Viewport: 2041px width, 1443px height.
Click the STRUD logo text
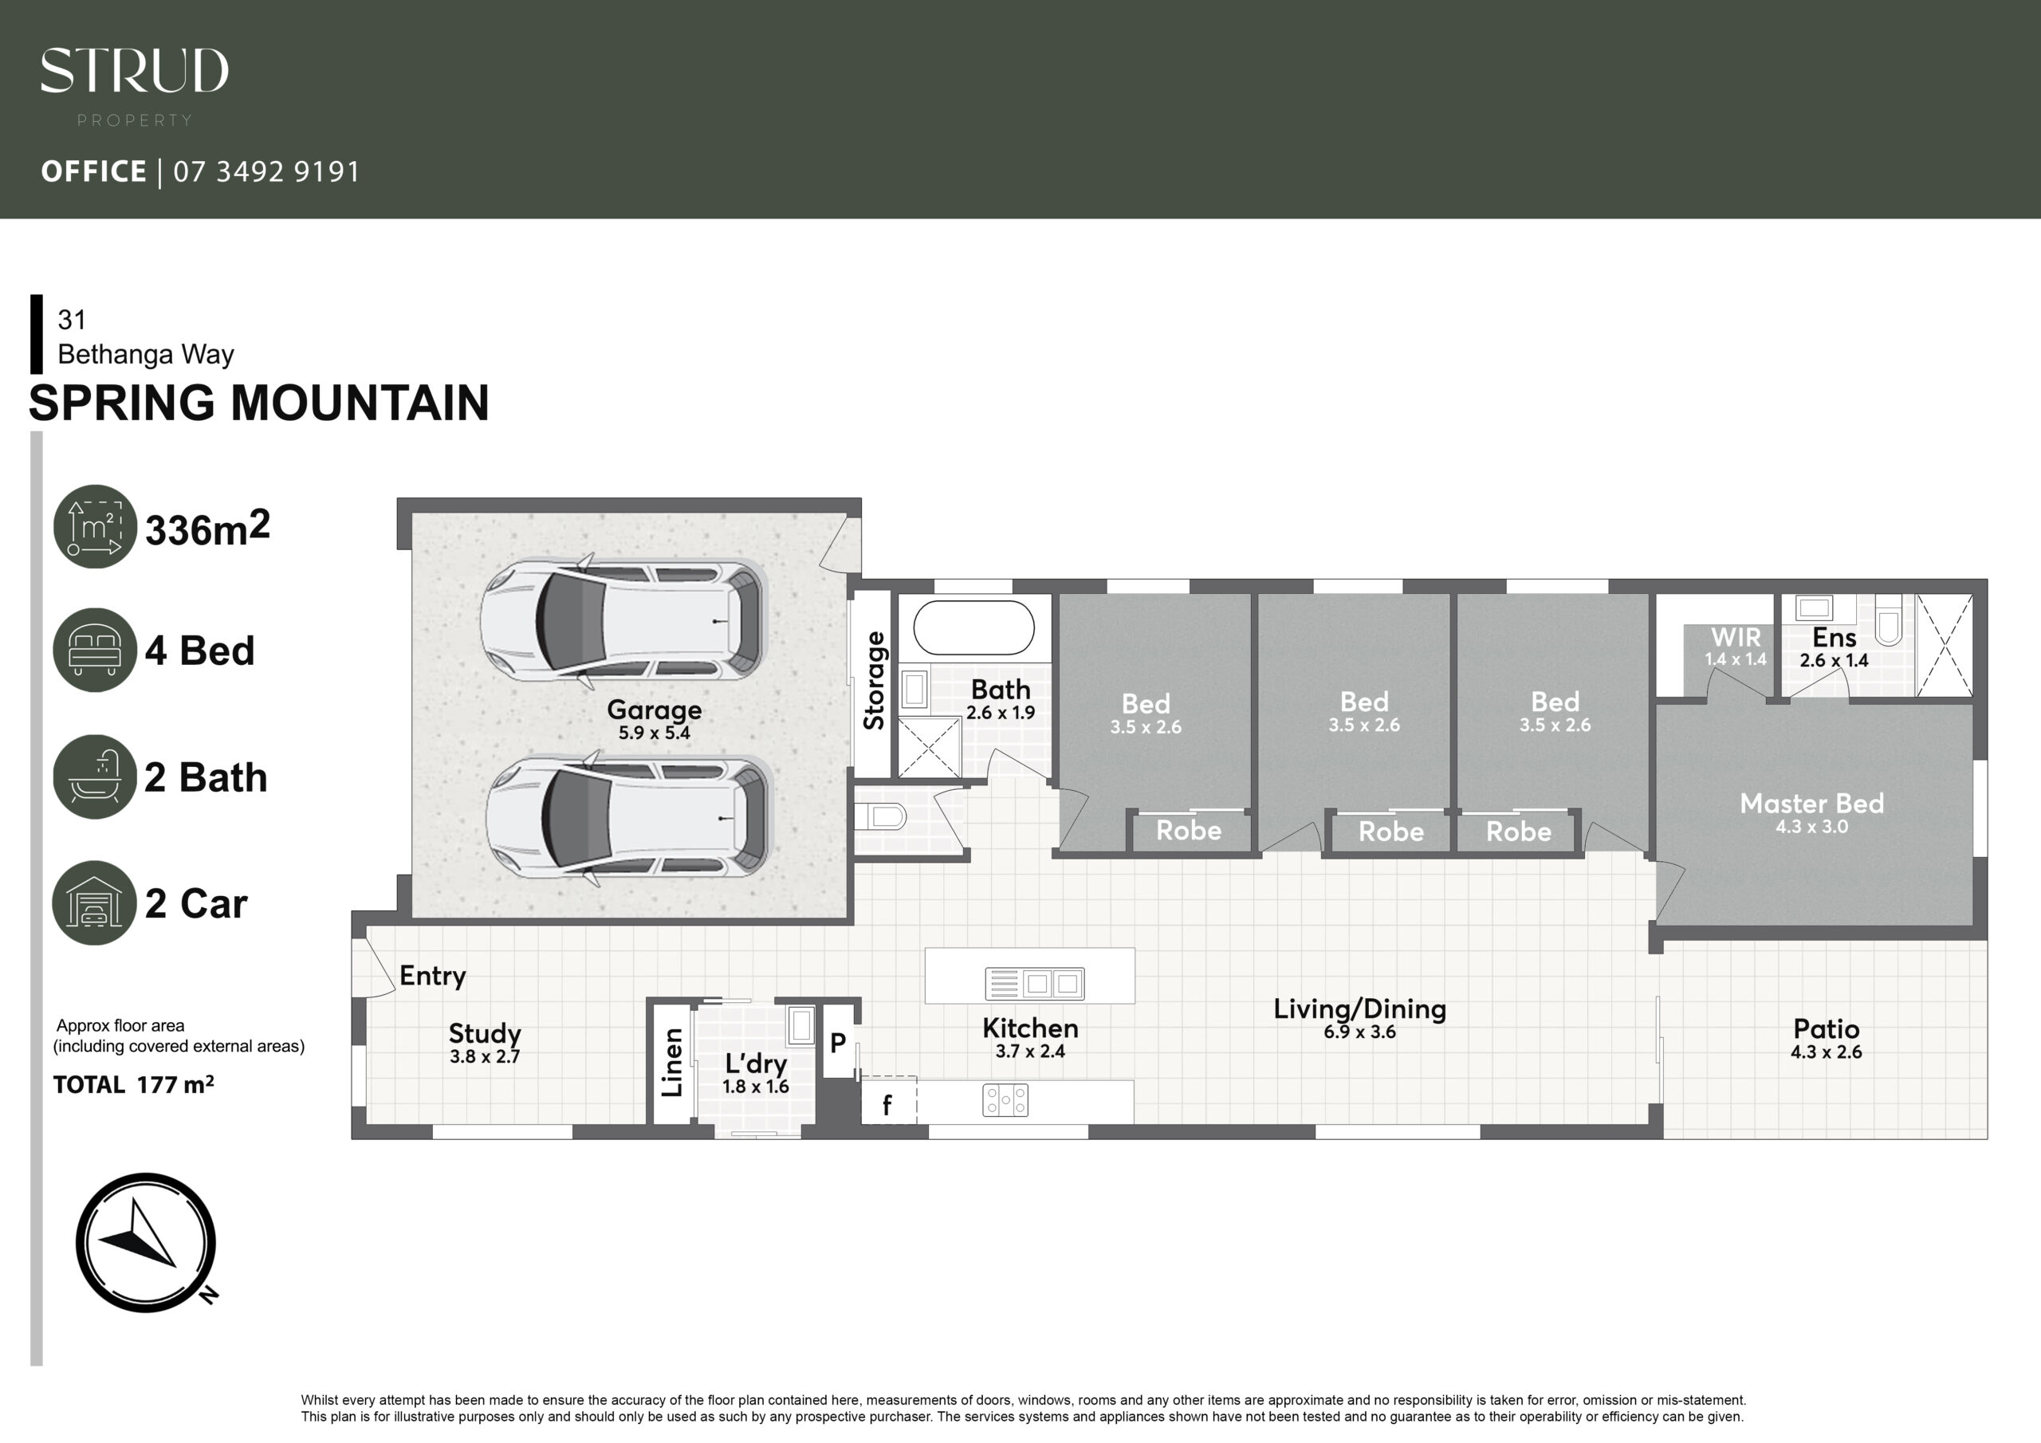[x=134, y=70]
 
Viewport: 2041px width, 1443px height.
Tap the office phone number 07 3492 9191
[x=266, y=171]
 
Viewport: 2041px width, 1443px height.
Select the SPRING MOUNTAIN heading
[x=258, y=403]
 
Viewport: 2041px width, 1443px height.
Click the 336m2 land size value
[x=207, y=528]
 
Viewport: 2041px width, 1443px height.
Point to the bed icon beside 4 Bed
[x=95, y=649]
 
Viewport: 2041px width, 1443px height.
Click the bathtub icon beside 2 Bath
[x=95, y=777]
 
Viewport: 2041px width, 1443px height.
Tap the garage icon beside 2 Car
[x=95, y=902]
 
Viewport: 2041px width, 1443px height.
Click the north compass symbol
[x=147, y=1242]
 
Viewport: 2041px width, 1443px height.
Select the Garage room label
[x=655, y=710]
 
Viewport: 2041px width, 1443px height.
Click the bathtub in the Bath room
[x=973, y=627]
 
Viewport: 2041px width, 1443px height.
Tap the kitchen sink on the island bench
[x=1035, y=983]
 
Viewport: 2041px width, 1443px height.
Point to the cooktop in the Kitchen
[x=1005, y=1100]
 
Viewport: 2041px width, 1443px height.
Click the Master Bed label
[x=1811, y=803]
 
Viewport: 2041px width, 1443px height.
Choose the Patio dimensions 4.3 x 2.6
[x=1826, y=1052]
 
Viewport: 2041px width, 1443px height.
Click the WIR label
[x=1735, y=638]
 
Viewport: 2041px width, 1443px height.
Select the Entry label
[x=433, y=977]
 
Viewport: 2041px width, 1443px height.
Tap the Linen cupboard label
[x=673, y=1063]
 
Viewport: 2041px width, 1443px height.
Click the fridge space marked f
[x=888, y=1103]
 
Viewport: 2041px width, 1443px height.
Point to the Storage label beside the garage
[x=874, y=680]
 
